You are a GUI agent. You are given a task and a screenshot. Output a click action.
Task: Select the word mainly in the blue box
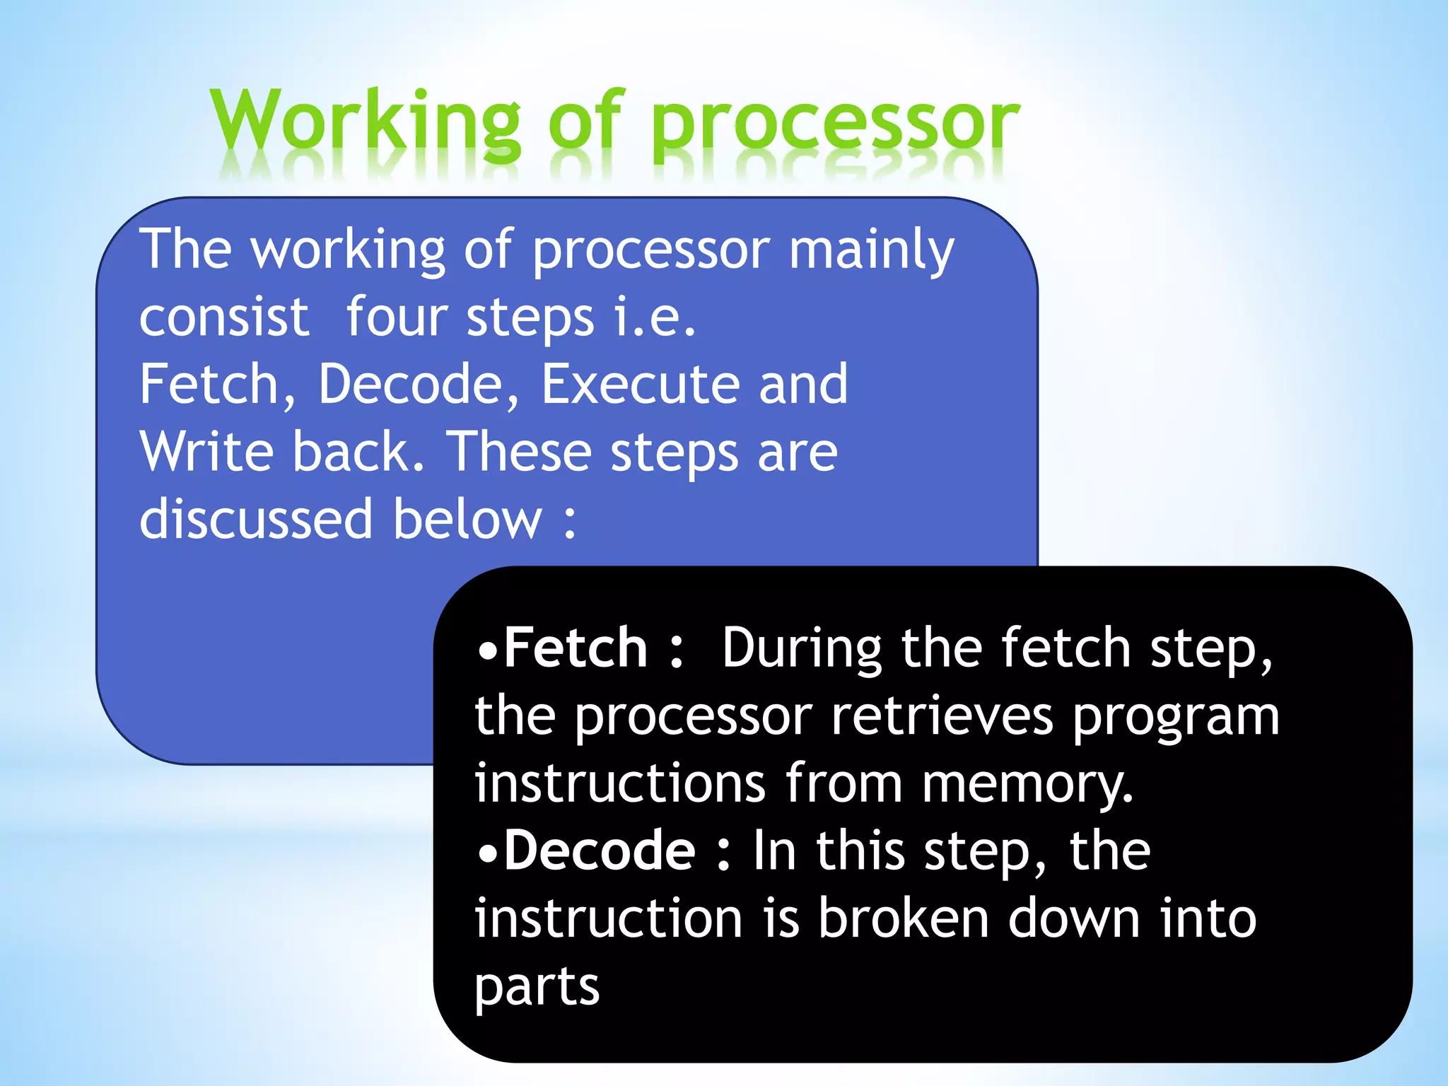click(x=871, y=251)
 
